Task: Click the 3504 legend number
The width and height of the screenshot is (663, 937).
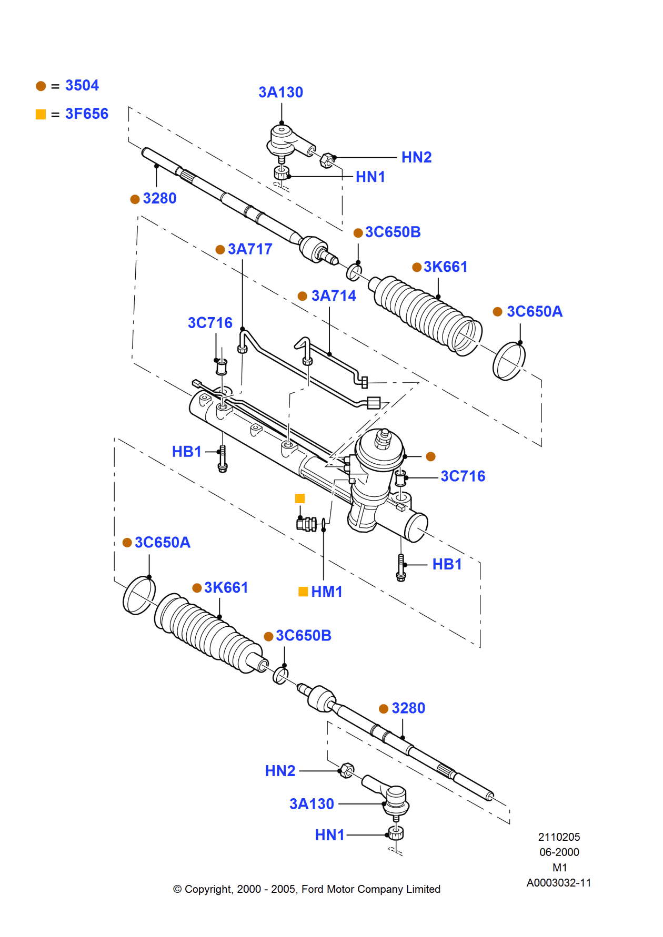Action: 82,85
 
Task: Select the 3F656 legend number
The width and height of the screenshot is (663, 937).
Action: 86,114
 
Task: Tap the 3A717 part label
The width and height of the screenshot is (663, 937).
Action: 250,249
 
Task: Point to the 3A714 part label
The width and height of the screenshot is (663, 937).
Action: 334,296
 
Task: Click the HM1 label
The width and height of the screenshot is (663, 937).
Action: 326,592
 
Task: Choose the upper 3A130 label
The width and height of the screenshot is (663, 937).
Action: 280,92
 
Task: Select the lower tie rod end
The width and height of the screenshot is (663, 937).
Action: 389,795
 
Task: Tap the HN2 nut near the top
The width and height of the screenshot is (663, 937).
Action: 327,159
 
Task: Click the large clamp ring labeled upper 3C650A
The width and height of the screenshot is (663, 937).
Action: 509,361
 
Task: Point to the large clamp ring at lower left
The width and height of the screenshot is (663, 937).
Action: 139,595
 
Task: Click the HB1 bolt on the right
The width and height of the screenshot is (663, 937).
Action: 401,567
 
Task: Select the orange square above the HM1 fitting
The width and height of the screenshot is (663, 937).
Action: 300,498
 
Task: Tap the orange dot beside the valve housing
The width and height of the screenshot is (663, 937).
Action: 430,456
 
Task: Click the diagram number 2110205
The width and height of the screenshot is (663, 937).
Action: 559,837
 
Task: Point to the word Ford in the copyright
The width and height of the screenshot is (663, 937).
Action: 312,889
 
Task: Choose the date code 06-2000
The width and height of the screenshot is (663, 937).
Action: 559,852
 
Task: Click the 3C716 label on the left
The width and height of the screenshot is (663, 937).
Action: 210,322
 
